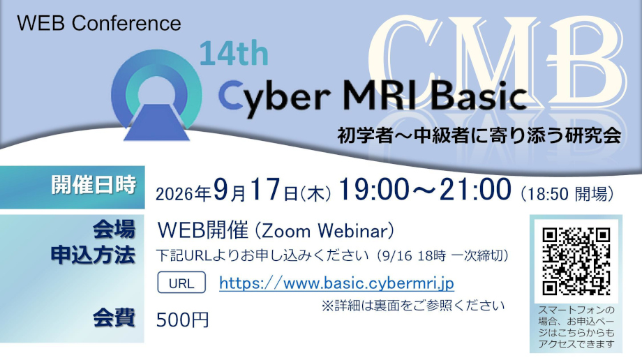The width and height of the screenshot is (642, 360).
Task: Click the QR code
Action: (576, 262)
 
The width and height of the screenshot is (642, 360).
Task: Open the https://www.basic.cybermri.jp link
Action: (336, 283)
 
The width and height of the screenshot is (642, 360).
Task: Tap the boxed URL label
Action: (181, 283)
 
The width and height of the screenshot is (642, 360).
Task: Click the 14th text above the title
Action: (234, 54)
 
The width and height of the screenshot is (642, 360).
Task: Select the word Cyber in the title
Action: (274, 97)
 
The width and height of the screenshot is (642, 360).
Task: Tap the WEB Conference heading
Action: (99, 23)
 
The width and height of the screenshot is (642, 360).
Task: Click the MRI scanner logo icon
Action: (156, 95)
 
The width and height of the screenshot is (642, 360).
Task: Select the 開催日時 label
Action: (94, 185)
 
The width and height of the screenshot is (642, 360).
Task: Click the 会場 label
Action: (114, 230)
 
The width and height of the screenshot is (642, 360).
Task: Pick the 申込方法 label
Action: (93, 255)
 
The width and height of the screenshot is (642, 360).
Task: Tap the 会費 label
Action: (114, 318)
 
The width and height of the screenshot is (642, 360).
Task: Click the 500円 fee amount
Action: (183, 320)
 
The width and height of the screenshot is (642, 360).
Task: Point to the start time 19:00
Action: (373, 190)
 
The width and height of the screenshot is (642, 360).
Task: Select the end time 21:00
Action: (476, 190)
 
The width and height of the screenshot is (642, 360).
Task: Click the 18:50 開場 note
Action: (567, 194)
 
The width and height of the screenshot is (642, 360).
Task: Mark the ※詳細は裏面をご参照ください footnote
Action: (412, 306)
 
